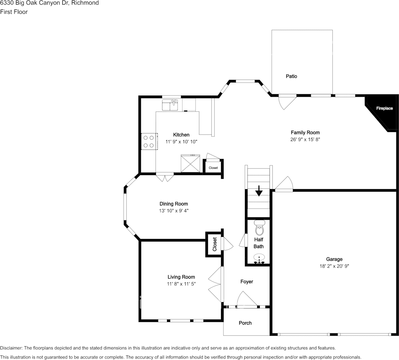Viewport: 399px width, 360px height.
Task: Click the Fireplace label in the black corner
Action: (384, 108)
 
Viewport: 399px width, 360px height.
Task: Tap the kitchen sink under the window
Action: (170, 105)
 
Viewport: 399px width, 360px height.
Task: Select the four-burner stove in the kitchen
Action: (149, 141)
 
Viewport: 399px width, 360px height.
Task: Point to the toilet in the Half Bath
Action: (259, 228)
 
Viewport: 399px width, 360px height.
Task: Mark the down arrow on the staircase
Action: (259, 191)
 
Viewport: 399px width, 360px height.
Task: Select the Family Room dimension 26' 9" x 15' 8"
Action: (305, 140)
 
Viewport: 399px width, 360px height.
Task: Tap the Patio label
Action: (291, 76)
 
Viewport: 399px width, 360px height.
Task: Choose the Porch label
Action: (245, 323)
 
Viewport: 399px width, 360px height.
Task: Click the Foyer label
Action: (246, 282)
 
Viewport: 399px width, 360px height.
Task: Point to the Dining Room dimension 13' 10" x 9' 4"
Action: (173, 211)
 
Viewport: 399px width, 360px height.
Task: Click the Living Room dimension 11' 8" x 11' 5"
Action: (181, 284)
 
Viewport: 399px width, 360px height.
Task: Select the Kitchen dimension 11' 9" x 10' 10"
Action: (181, 142)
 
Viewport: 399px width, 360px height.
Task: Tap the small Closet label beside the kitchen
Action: (213, 168)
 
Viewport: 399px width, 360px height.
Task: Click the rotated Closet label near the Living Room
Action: (215, 244)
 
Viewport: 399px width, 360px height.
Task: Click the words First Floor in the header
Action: (14, 12)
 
